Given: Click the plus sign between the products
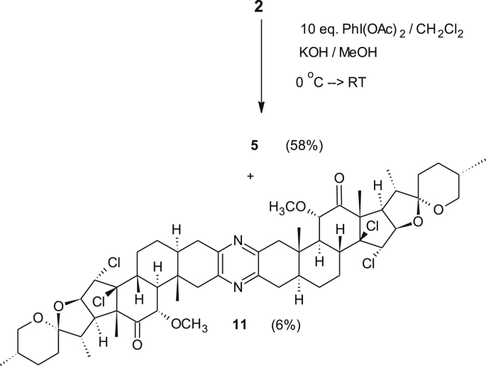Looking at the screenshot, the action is tap(250, 173).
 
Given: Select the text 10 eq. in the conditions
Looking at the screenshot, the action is tap(314, 32).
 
